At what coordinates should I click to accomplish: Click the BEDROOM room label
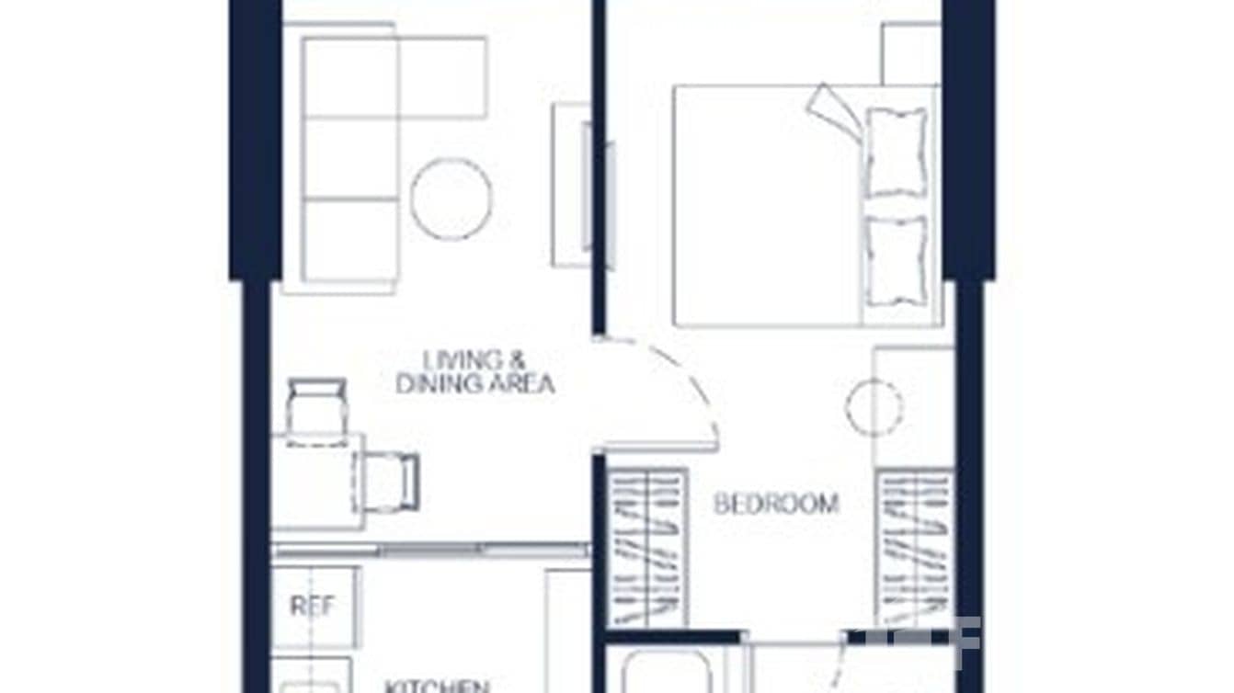coord(776,504)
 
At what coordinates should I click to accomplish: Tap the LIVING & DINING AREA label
coord(475,371)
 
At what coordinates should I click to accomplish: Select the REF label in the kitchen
coord(312,606)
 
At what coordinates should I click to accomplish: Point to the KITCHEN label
coord(436,686)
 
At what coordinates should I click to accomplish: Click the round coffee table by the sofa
coord(451,199)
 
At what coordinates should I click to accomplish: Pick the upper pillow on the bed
coord(897,151)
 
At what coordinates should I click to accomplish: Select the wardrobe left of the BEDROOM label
coord(649,548)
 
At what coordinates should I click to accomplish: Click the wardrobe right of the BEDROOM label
coord(914,548)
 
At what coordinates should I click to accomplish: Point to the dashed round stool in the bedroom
coord(874,407)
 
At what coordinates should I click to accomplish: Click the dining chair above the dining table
coord(316,408)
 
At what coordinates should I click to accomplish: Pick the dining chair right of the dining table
coord(390,481)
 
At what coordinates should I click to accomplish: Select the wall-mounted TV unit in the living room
coord(571,184)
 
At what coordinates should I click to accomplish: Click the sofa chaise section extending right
coord(441,77)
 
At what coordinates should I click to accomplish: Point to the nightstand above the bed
coord(910,53)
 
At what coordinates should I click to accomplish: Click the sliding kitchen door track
coord(430,550)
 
